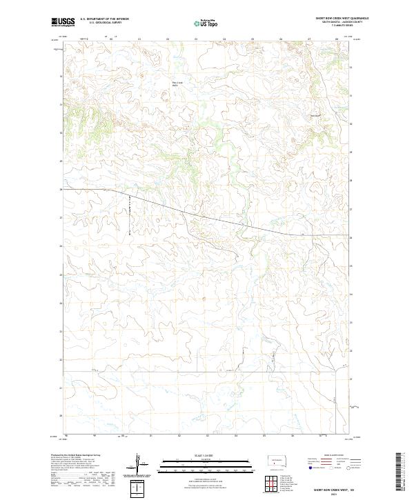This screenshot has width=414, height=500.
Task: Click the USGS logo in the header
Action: click(63, 22)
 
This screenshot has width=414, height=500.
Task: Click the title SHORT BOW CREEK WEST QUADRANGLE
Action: click(342, 18)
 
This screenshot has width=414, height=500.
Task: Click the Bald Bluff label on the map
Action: click(316, 115)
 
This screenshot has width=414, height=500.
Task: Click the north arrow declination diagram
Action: click(139, 462)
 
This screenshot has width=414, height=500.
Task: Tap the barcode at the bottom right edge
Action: click(402, 472)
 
